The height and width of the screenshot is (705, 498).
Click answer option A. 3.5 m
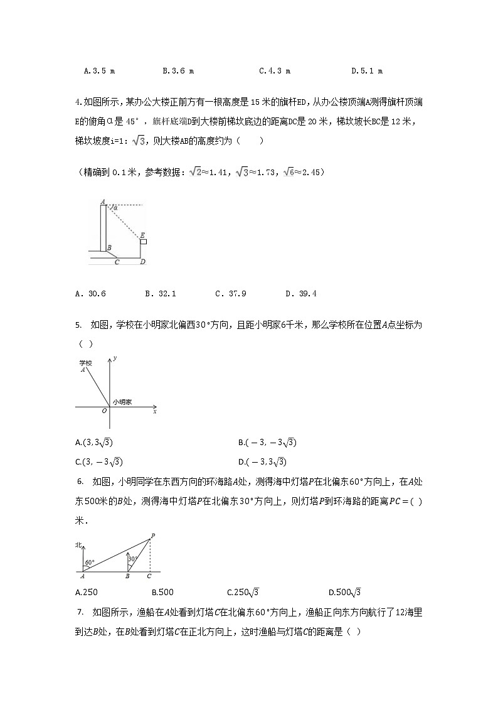(99, 71)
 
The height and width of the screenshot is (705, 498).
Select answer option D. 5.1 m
(367, 71)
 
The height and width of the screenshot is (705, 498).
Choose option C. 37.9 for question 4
(230, 293)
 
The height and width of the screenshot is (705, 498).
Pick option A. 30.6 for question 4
(90, 293)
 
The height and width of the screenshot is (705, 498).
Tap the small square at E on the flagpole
(144, 241)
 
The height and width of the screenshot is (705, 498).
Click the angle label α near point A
(115, 207)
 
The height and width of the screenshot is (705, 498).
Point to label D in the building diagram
(143, 262)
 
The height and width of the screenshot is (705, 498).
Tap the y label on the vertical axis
(116, 358)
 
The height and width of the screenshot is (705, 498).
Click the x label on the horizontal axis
(154, 412)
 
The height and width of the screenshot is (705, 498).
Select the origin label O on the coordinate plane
(103, 412)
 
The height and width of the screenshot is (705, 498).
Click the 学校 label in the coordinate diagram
(85, 363)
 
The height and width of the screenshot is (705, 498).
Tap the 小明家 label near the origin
(122, 402)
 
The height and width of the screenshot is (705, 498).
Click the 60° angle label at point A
(90, 562)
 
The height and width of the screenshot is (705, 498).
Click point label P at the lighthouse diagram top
(152, 535)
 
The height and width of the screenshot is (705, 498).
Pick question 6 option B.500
(162, 592)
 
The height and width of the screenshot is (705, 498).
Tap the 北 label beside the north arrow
(78, 544)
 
